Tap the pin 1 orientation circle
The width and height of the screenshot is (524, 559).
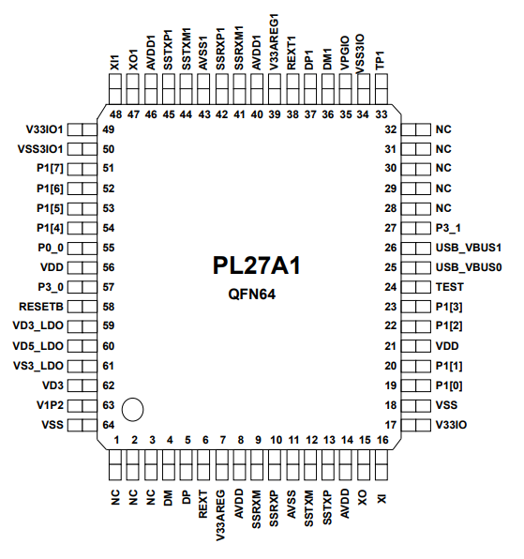click(133, 409)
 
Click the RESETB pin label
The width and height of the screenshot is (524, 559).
click(40, 306)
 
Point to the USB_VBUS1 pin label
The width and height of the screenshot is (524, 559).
click(470, 248)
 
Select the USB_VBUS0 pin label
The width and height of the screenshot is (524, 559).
click(470, 267)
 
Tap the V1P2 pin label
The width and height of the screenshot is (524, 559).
click(47, 405)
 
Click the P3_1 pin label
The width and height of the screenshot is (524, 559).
click(449, 228)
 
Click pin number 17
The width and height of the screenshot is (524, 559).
click(391, 424)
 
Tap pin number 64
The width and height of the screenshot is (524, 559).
click(109, 425)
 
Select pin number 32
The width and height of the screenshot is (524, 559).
click(391, 129)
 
